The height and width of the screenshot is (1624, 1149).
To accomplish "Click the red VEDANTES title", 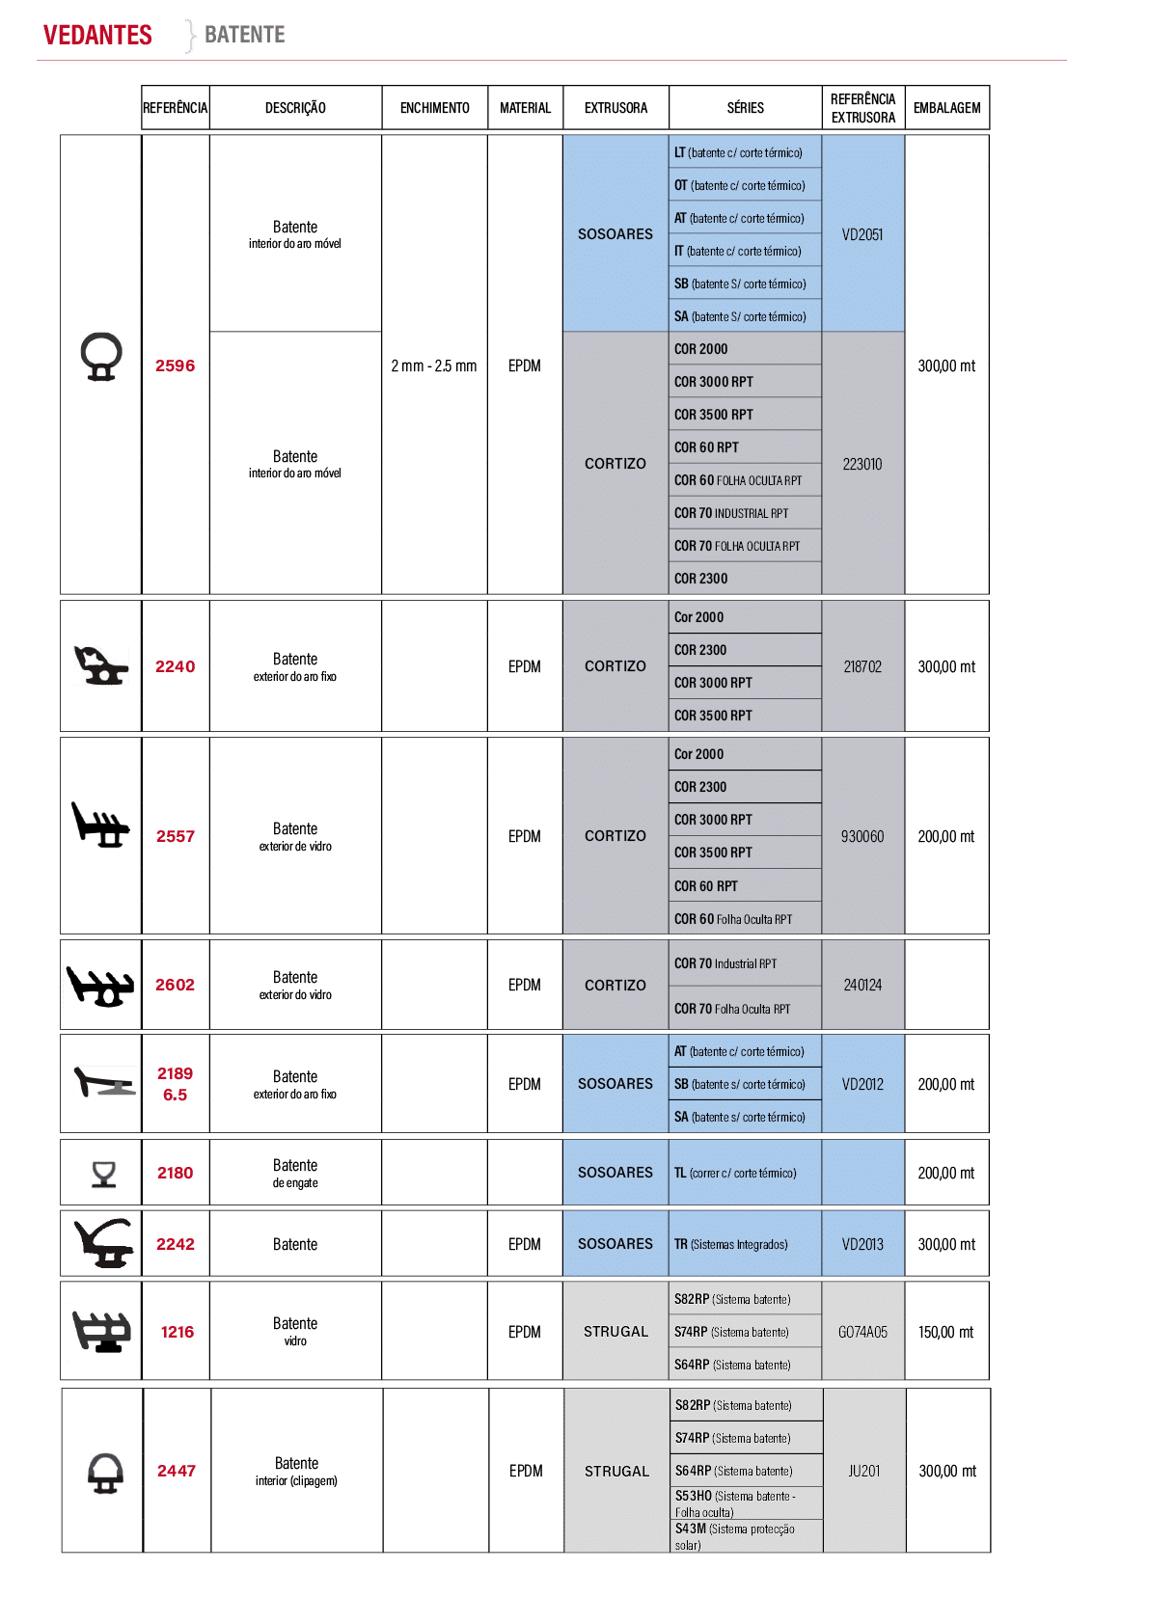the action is [x=97, y=35].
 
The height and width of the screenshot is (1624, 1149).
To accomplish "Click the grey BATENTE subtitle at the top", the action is [x=244, y=34].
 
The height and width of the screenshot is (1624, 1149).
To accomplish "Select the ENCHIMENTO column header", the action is [x=434, y=108].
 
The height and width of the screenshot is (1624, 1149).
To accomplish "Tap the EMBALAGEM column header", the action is [x=946, y=108].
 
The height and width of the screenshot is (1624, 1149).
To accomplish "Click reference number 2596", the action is [x=175, y=365].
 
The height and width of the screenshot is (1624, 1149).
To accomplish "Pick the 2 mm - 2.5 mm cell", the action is [x=434, y=366].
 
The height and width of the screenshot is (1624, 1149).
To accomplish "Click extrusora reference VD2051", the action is [x=862, y=234].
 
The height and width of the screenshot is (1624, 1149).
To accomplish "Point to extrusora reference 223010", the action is [x=862, y=464].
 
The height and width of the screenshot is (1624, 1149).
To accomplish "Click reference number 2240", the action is [x=175, y=666].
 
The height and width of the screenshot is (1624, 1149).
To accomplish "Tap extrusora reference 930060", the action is [x=862, y=837].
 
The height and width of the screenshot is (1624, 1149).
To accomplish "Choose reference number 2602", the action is [x=175, y=985].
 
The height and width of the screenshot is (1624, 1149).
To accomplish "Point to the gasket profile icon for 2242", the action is [x=104, y=1243].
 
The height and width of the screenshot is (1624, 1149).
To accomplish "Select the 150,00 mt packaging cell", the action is [x=945, y=1332].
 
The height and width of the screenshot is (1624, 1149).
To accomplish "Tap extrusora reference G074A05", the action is [x=862, y=1332].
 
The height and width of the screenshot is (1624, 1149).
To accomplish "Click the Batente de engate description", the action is [x=295, y=1173].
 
